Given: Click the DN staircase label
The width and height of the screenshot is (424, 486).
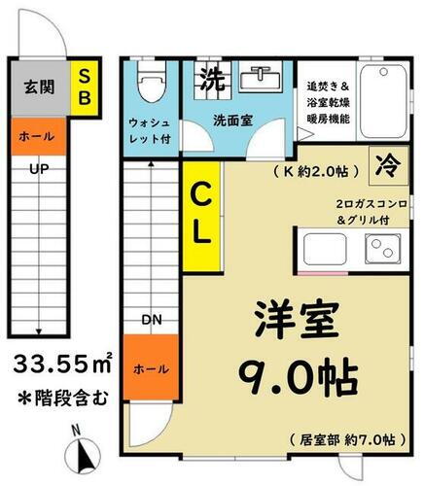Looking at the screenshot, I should pos(151,319).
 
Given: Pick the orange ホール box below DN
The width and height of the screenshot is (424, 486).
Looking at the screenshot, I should pos(151,369).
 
